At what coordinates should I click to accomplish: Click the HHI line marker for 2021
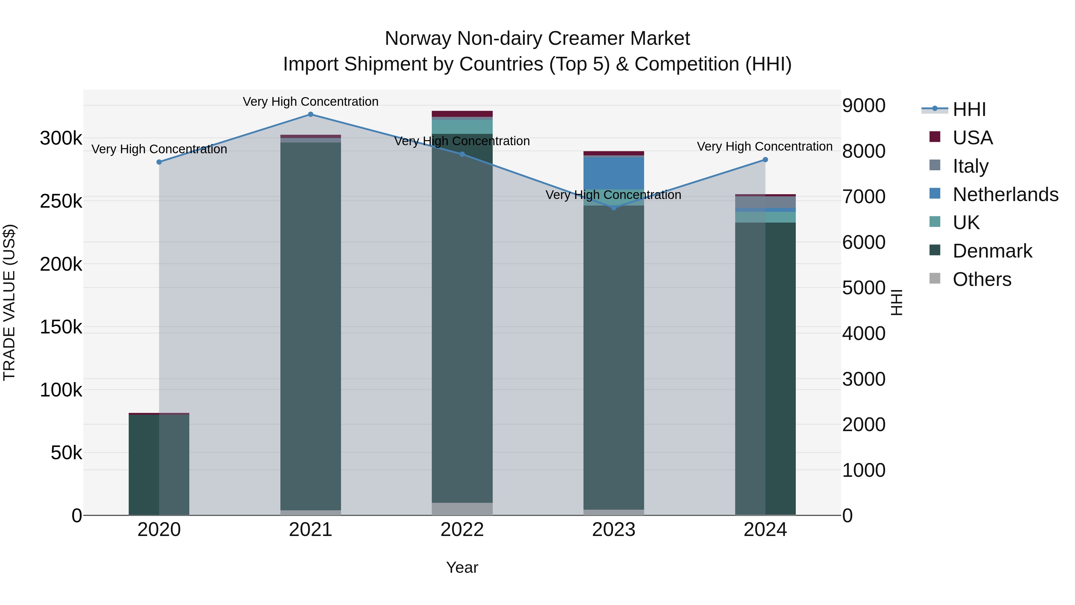click(311, 114)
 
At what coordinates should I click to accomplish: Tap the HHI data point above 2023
click(613, 208)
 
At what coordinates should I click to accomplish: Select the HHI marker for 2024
click(765, 160)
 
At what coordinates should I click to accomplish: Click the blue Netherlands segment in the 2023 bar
click(613, 173)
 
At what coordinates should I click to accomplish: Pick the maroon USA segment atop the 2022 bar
click(462, 114)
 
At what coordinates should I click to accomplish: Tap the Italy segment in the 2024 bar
click(765, 202)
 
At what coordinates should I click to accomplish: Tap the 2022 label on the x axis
click(462, 530)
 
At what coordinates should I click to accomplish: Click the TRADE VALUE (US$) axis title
click(9, 302)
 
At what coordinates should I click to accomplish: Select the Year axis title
click(462, 567)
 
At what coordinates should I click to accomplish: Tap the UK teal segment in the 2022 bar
click(462, 126)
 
